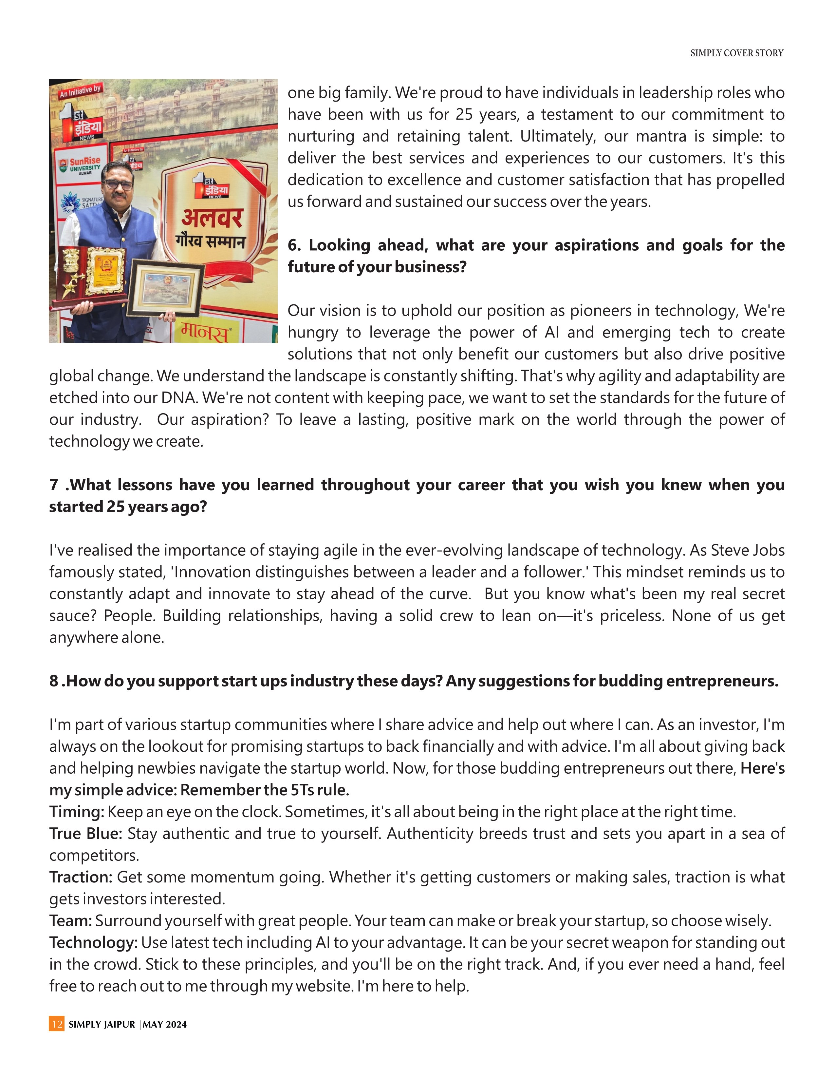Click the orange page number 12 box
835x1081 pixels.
[56, 1024]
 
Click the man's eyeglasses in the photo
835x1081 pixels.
[118, 184]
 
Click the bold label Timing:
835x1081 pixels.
[77, 812]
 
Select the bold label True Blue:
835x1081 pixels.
[85, 834]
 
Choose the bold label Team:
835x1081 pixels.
[70, 921]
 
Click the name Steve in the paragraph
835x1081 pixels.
[729, 550]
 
